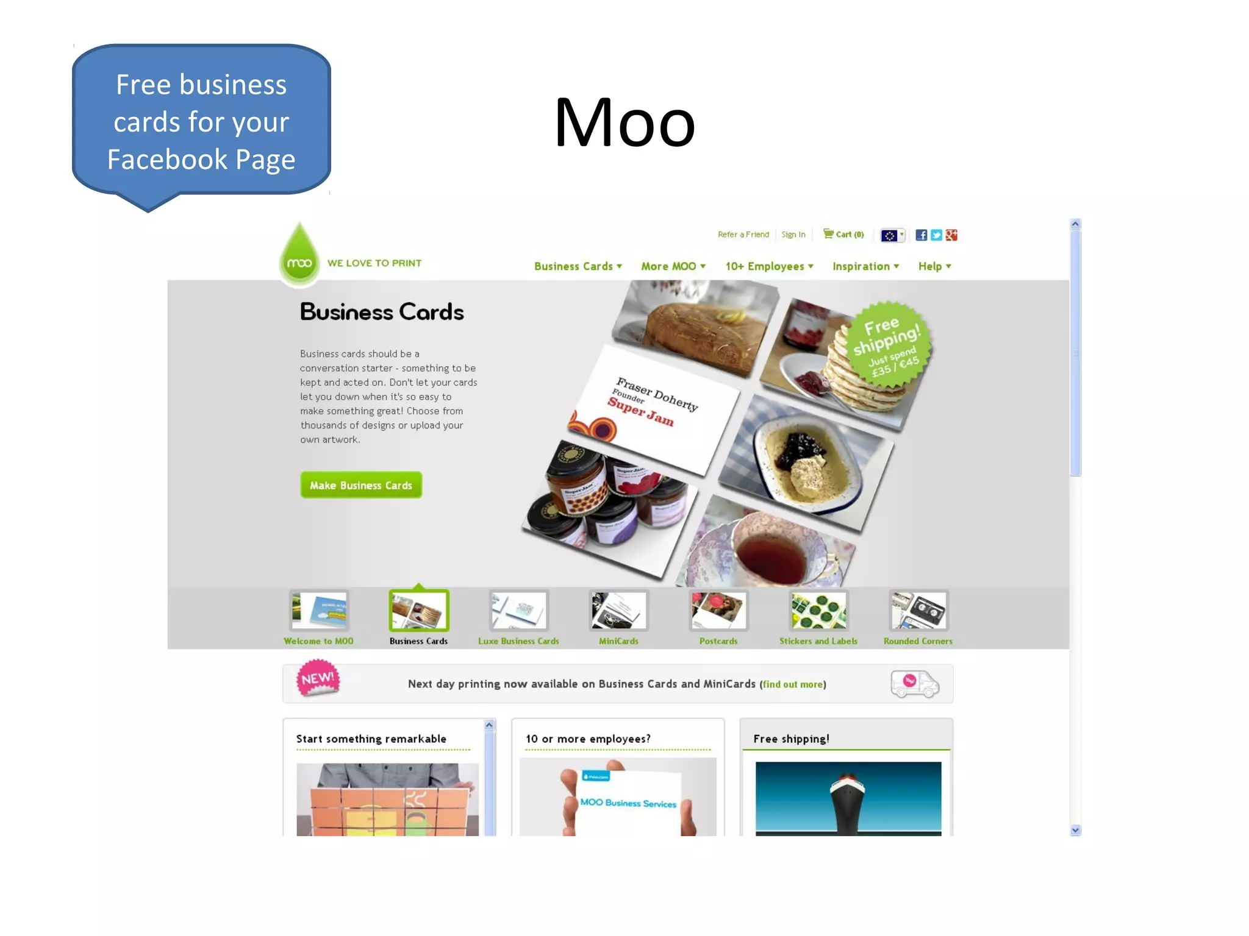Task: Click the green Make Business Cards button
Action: [x=360, y=485]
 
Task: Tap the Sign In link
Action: [x=793, y=235]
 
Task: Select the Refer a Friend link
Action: [x=743, y=235]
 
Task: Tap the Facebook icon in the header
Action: [x=921, y=235]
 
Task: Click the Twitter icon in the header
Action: [x=936, y=235]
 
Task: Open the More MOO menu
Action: [x=673, y=266]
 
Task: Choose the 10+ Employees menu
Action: [x=768, y=266]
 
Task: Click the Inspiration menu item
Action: [x=865, y=266]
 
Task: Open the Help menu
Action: [x=934, y=266]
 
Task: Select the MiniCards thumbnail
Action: [x=618, y=611]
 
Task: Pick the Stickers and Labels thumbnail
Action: [x=818, y=611]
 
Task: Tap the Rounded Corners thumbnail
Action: [x=918, y=611]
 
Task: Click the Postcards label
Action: [x=718, y=641]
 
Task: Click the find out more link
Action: [x=792, y=684]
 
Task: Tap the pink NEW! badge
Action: [x=318, y=678]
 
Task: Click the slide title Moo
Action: [x=624, y=123]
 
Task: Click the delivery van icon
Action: [x=914, y=684]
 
